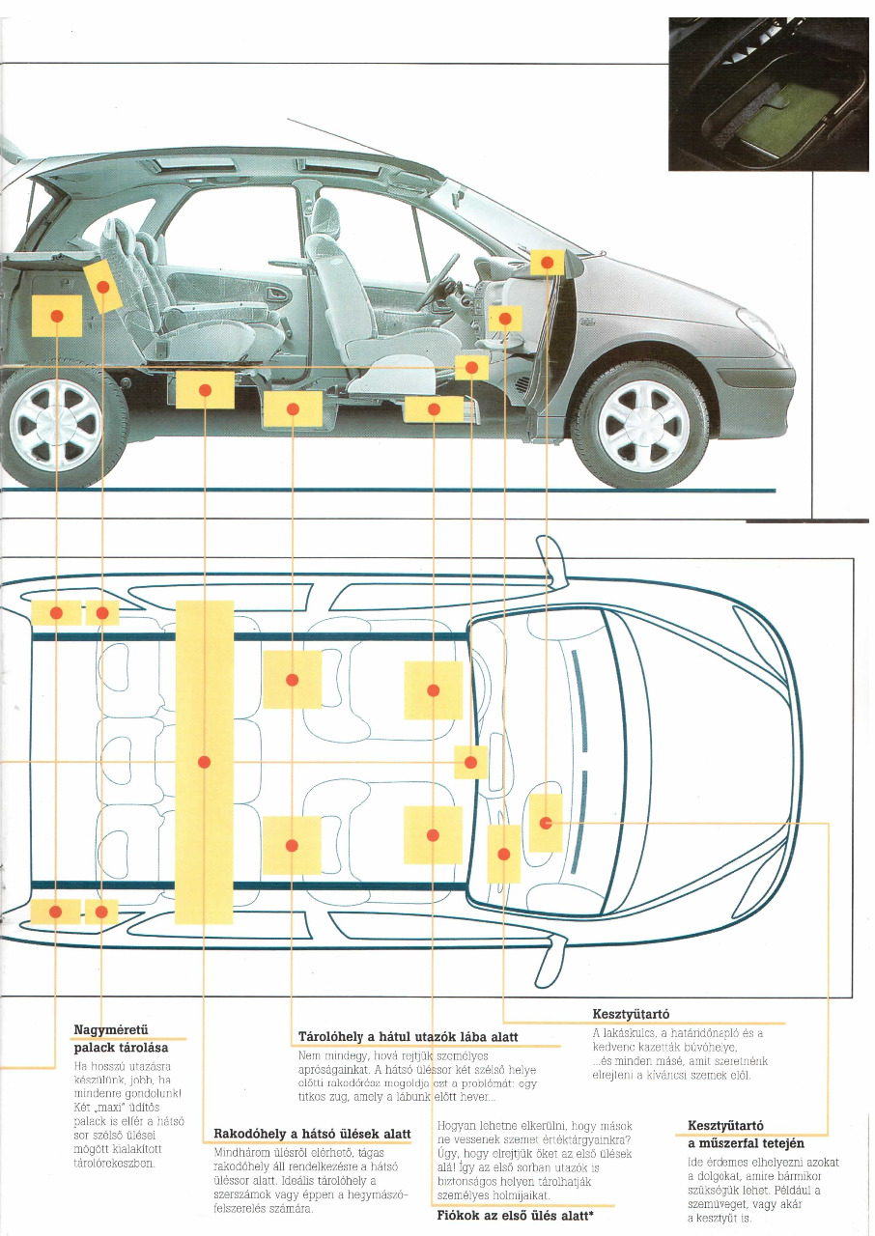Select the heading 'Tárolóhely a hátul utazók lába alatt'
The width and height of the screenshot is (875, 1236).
[409, 1037]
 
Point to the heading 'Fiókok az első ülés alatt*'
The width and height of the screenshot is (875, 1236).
[515, 1216]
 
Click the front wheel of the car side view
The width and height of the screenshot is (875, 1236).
[642, 425]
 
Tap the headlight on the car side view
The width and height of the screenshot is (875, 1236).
[757, 328]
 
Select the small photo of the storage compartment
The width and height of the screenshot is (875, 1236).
[768, 94]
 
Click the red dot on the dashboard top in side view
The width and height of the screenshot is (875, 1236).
[547, 262]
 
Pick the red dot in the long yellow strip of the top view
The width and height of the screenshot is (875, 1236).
[204, 762]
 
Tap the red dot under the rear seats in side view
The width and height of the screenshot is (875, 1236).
[205, 390]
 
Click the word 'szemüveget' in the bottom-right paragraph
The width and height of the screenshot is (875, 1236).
[719, 1204]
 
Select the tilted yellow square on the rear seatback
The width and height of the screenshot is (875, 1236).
[102, 287]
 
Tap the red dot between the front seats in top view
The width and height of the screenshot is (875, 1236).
[470, 762]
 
